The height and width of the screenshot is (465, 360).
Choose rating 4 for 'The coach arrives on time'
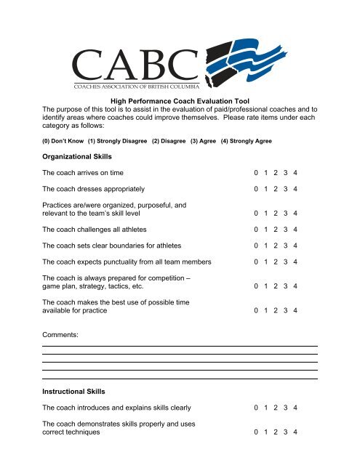coord(295,174)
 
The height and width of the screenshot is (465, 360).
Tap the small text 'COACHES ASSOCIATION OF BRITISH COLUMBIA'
coord(135,85)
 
